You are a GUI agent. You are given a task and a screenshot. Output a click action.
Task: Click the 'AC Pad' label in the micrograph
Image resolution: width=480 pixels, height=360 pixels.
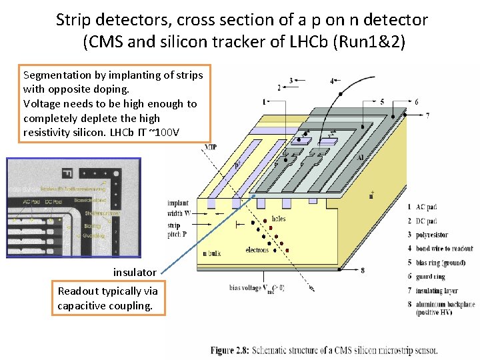click(31, 201)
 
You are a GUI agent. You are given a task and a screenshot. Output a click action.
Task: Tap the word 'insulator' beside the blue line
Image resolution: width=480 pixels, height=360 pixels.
click(135, 272)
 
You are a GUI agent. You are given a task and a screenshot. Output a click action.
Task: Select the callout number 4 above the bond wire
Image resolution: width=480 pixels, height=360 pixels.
click(332, 81)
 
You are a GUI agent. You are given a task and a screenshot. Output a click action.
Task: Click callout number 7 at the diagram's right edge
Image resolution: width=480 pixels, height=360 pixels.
click(427, 115)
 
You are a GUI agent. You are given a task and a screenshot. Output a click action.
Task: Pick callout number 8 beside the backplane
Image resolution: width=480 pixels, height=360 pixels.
click(362, 270)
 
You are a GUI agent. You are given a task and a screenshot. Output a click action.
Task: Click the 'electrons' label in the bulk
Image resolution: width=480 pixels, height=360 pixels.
click(257, 250)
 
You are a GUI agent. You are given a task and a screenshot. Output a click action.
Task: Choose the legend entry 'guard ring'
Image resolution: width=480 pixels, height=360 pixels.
click(431, 276)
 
